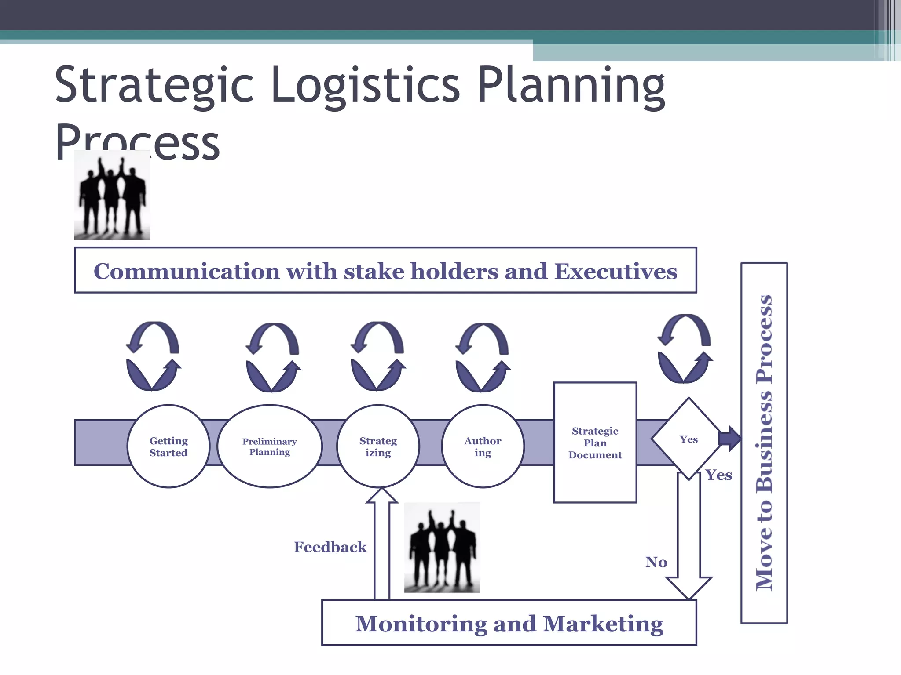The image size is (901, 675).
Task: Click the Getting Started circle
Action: [168, 446]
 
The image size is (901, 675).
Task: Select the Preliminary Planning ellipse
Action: [270, 446]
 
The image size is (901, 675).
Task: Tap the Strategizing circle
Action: [378, 446]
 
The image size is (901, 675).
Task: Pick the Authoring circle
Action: [483, 446]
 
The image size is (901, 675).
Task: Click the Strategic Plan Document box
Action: [595, 443]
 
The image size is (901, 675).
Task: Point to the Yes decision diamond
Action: [689, 439]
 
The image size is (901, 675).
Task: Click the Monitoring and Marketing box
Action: [509, 623]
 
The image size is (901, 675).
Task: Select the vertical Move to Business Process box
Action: [764, 443]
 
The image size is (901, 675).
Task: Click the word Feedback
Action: [330, 547]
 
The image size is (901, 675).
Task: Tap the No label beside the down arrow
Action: [656, 562]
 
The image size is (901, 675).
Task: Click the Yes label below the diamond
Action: [718, 475]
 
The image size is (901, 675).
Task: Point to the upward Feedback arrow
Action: [382, 545]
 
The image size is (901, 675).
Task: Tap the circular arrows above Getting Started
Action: [153, 356]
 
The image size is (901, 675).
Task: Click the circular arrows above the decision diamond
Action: [685, 348]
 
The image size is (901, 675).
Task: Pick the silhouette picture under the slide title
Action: [112, 195]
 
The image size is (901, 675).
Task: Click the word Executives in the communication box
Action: [615, 271]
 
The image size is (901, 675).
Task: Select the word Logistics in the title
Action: [365, 84]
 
